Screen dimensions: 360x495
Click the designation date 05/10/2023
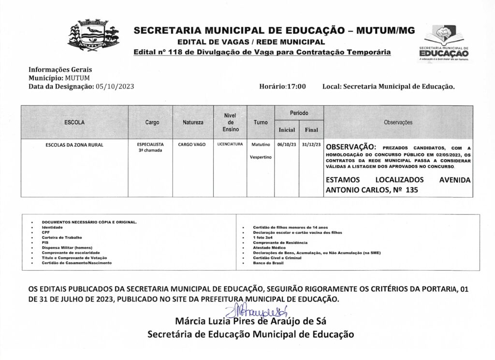115,86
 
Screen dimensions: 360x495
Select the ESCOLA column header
74,122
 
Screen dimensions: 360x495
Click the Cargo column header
152,122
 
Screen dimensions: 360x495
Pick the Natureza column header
193,122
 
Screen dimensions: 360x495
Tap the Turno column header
261,122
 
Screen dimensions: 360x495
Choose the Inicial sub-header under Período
287,130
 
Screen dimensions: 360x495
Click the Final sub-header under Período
311,130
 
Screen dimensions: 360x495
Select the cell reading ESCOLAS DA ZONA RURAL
74,144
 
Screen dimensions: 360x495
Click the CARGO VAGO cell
192,144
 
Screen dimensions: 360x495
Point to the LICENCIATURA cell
230,144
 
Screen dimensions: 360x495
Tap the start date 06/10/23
287,144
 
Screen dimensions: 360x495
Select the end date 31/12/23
311,144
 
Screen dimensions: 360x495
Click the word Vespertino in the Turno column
261,158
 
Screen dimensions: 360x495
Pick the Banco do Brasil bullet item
266,263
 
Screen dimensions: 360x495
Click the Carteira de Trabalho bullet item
62,237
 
